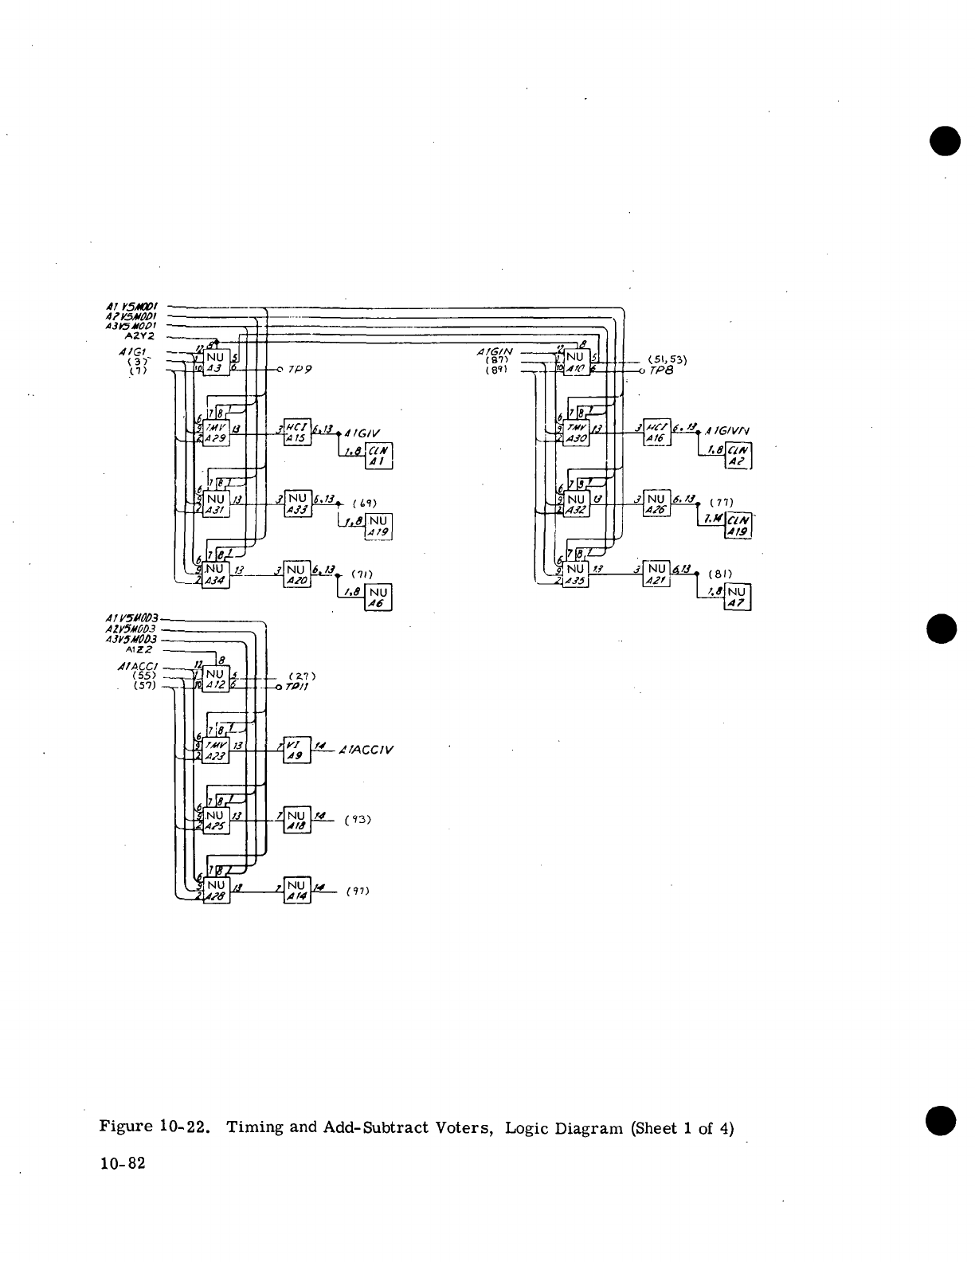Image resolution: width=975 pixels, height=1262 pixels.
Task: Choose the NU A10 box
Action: pyautogui.click(x=577, y=363)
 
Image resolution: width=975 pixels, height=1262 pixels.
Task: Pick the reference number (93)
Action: pyautogui.click(x=359, y=819)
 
